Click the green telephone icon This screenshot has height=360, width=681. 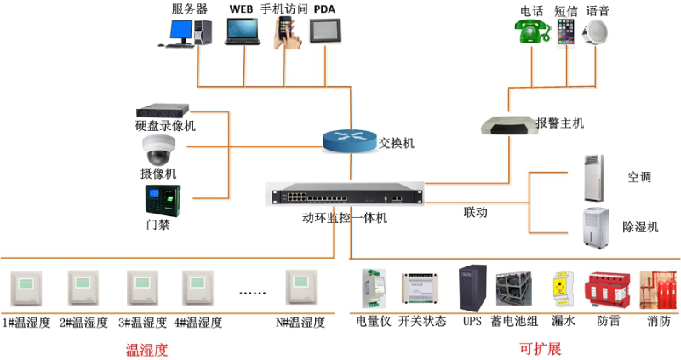click(532, 31)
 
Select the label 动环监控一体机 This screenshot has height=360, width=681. click(345, 218)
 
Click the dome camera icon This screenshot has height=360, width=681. click(159, 151)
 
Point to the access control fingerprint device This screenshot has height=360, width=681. click(163, 201)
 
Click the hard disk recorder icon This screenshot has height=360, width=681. click(162, 111)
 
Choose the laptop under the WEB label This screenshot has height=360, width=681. click(242, 31)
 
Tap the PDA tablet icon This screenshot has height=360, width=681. click(323, 31)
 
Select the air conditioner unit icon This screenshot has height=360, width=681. click(592, 176)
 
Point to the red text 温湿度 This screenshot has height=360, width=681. click(146, 348)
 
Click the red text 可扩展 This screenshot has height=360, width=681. click(540, 348)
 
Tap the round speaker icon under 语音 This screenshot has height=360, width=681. click(595, 31)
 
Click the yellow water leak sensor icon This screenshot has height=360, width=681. click(562, 290)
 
